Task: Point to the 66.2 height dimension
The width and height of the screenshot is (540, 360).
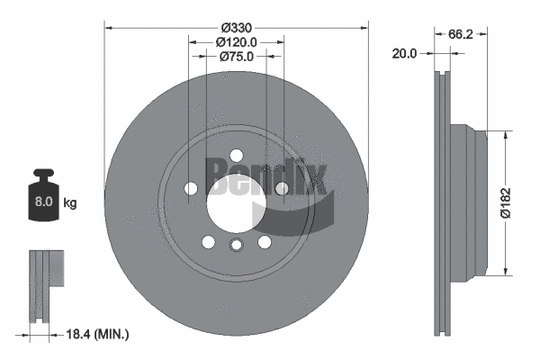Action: click(x=461, y=33)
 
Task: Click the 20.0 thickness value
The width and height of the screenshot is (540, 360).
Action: click(x=404, y=53)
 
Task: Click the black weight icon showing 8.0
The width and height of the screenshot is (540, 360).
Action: click(x=41, y=192)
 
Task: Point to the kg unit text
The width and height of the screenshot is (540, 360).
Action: click(x=70, y=203)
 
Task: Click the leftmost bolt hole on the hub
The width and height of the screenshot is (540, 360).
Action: click(x=191, y=188)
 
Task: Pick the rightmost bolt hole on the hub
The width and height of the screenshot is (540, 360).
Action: click(x=282, y=188)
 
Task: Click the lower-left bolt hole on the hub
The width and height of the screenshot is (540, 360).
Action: click(x=208, y=241)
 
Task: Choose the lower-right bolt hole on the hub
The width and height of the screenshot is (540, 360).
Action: click(x=265, y=241)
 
